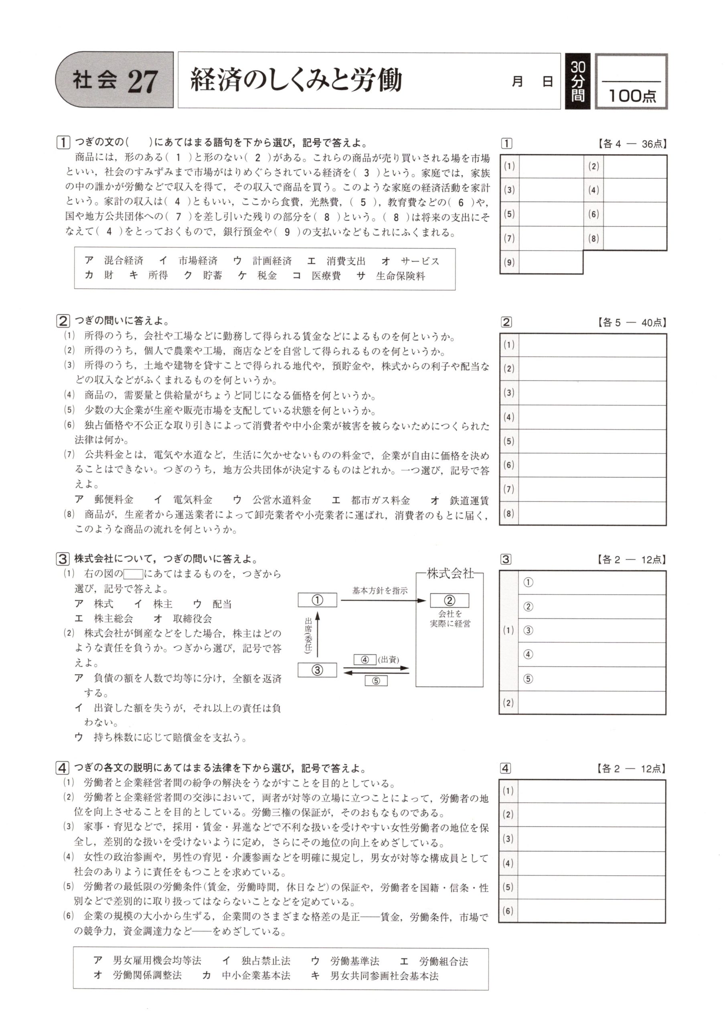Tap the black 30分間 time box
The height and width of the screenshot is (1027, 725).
[577, 81]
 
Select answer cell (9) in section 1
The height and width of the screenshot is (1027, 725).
[550, 262]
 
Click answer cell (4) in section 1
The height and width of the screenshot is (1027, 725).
[634, 190]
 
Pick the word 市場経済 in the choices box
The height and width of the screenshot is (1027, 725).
[198, 261]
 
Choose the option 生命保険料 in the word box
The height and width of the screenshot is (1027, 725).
[400, 276]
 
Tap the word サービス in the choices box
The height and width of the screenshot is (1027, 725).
[420, 261]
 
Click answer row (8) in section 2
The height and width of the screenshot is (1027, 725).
[591, 513]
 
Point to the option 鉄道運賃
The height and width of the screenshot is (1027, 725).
[469, 501]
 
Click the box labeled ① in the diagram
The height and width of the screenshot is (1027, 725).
[317, 600]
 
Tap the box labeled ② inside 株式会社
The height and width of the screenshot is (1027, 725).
[449, 600]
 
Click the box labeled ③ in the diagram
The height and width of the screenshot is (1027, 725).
[317, 670]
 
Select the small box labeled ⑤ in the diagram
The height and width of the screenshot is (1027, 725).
[376, 681]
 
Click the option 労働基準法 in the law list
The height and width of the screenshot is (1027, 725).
[354, 960]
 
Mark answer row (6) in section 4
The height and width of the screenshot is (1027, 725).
[591, 911]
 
